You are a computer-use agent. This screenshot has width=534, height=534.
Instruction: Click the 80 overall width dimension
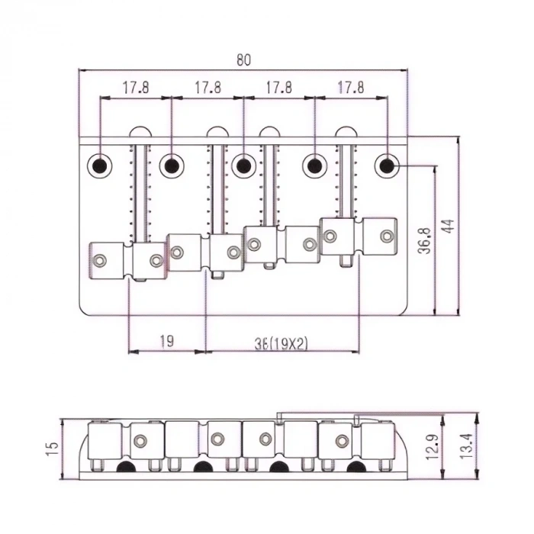(x=243, y=60)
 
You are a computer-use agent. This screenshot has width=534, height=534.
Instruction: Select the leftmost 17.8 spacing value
(x=134, y=88)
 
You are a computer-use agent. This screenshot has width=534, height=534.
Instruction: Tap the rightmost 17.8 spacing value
(x=349, y=88)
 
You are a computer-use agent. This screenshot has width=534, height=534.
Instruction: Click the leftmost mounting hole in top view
(x=100, y=164)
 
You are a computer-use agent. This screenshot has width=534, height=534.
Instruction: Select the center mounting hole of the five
(x=243, y=164)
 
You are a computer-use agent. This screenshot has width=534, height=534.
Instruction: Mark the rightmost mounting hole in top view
(x=388, y=164)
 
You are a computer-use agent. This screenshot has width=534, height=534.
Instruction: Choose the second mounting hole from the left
(x=172, y=164)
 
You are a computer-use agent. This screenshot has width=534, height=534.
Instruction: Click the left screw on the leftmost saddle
(x=99, y=261)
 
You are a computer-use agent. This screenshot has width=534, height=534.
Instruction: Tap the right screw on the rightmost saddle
(x=388, y=235)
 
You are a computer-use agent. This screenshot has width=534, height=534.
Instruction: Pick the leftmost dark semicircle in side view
(x=124, y=468)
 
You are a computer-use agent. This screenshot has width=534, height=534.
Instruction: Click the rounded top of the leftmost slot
(x=140, y=132)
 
